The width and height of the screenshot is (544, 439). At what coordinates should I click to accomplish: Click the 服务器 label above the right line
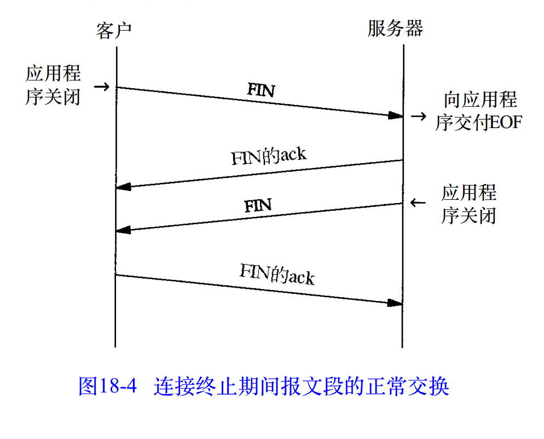(395, 28)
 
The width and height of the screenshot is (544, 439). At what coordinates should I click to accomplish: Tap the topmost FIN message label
(261, 90)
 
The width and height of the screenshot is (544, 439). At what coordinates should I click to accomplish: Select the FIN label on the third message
(258, 206)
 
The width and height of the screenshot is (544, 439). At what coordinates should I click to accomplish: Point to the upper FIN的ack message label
(268, 156)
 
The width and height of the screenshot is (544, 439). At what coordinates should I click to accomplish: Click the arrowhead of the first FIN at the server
(396, 115)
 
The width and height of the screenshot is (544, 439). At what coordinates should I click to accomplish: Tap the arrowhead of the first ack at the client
(123, 187)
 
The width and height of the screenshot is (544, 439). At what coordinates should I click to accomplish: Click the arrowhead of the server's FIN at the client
(123, 230)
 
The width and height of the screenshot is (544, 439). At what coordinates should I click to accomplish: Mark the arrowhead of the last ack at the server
(396, 303)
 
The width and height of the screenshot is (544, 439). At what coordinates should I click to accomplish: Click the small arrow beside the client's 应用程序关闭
(102, 86)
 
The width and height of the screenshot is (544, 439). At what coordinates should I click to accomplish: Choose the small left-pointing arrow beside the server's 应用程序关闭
(418, 203)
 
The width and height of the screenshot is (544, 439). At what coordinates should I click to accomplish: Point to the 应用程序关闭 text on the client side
(53, 85)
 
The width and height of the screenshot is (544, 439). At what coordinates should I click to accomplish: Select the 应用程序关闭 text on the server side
(469, 204)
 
